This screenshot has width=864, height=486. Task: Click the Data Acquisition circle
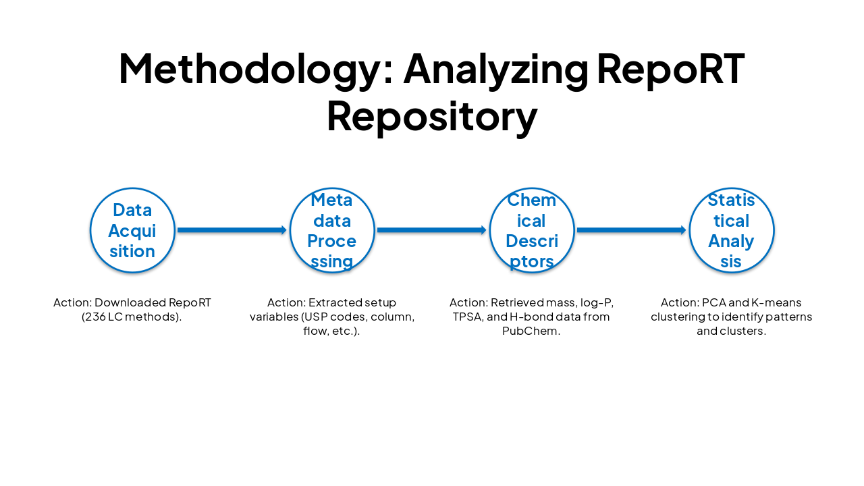tap(132, 230)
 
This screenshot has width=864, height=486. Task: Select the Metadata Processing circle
tap(332, 230)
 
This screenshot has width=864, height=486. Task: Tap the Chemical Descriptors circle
tap(532, 230)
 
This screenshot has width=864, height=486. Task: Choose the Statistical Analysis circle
tap(732, 230)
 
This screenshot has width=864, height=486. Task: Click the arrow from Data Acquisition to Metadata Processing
tap(232, 230)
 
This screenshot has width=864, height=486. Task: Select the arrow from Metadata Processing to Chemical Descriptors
tap(431, 230)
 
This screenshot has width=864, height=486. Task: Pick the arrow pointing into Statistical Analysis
tap(631, 230)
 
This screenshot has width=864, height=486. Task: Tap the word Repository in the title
tap(432, 116)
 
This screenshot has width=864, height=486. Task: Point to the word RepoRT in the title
tap(671, 69)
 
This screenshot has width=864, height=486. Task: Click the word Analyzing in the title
tap(495, 69)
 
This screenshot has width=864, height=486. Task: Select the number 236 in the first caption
tap(94, 317)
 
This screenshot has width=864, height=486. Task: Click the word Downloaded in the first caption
tap(126, 302)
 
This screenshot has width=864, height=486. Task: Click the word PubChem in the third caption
tap(532, 331)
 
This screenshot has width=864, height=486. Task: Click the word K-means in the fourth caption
tap(776, 302)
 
